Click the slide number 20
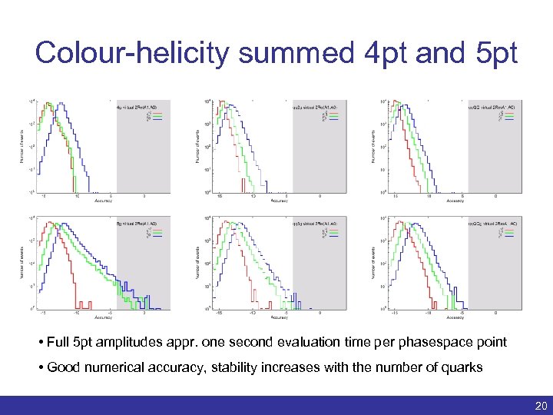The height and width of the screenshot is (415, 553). tap(538, 405)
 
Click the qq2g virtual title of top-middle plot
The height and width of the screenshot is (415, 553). tap(315, 108)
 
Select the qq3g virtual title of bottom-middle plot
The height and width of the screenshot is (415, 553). tap(315, 224)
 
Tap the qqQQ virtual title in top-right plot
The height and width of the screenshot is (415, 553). tap(492, 108)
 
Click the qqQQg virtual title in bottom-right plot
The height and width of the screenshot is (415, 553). tap(492, 224)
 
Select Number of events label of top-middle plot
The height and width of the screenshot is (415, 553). tap(197, 145)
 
